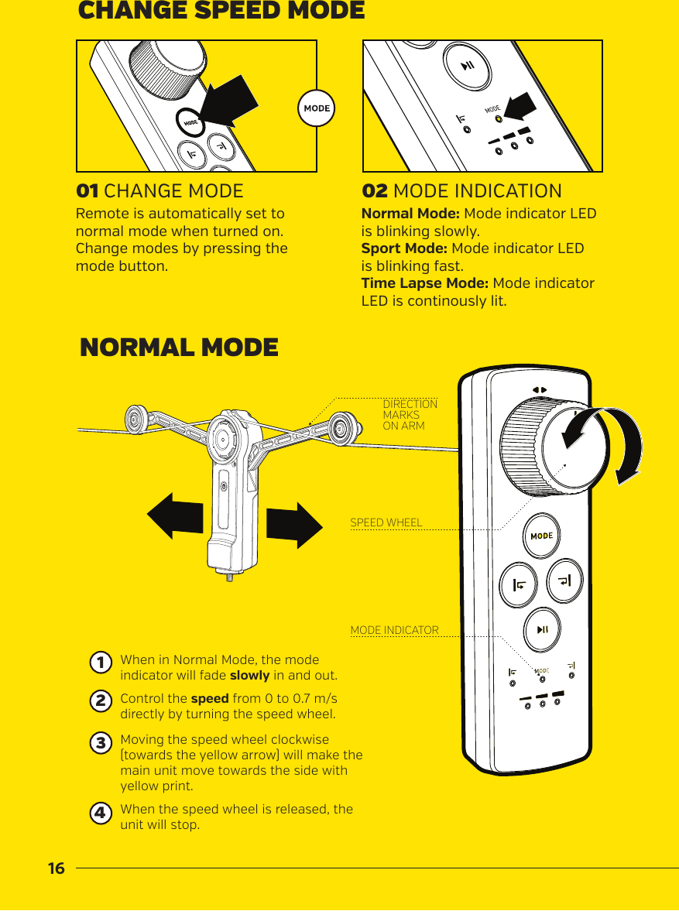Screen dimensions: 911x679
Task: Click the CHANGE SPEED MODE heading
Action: pyautogui.click(x=221, y=12)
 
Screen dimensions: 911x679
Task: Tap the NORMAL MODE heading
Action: pyautogui.click(x=179, y=348)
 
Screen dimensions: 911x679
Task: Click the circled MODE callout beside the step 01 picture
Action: pyautogui.click(x=316, y=108)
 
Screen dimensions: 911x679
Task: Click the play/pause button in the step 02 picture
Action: pyautogui.click(x=468, y=66)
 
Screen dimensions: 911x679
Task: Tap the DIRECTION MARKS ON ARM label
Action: pyautogui.click(x=410, y=415)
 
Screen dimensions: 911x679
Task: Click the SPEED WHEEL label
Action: pyautogui.click(x=386, y=522)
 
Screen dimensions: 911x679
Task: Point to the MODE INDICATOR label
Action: pyautogui.click(x=394, y=631)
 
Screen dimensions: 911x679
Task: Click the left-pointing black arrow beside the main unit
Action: pyautogui.click(x=175, y=517)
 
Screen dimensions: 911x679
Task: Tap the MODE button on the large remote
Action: pyautogui.click(x=541, y=536)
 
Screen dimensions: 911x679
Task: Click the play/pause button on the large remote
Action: pyautogui.click(x=543, y=628)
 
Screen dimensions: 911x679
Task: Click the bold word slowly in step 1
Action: pyautogui.click(x=250, y=675)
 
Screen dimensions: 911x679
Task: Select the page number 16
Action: pyautogui.click(x=56, y=868)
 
